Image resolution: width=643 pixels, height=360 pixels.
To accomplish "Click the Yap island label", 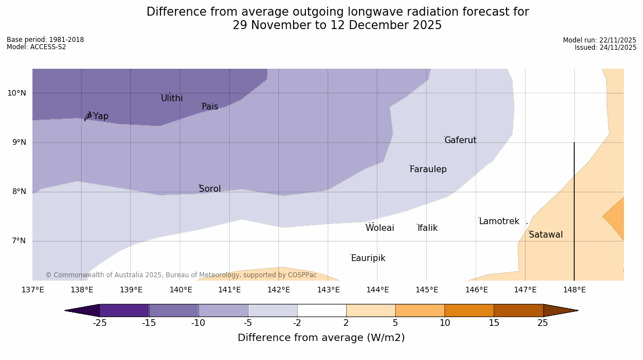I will coord(101,116).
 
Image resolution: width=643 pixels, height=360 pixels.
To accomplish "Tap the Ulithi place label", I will coord(172,98).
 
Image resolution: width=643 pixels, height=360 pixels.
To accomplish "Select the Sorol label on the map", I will coord(210,189).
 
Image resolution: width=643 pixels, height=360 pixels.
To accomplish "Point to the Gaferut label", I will coord(460,140).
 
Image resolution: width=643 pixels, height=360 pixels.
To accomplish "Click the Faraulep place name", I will coord(428,169).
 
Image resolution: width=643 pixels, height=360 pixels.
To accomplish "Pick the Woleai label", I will coord(380,228).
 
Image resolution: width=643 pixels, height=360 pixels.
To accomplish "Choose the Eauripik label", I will coord(368,258).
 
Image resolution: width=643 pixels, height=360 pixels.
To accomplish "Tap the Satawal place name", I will coord(546,235).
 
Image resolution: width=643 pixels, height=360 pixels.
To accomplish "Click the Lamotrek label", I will coord(499,221).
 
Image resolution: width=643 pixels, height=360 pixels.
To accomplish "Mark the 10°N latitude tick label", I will coord(17,93).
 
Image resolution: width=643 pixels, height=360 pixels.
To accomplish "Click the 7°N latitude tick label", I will coord(17,241).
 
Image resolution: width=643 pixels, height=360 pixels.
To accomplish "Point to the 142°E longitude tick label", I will coord(278,290).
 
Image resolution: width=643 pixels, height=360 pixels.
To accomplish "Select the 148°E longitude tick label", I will coord(574,290).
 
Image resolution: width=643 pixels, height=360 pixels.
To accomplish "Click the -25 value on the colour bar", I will coord(100,323).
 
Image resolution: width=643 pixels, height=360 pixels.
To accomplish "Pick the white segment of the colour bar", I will coord(321,310).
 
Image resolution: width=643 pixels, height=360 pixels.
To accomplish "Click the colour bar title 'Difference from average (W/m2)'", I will coord(321,338).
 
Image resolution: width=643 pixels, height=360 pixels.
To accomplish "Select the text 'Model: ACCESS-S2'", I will coord(36,47).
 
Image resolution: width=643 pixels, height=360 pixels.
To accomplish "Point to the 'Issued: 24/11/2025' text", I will coord(605,48).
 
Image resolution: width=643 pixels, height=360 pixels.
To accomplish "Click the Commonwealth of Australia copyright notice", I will coord(181,275).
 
